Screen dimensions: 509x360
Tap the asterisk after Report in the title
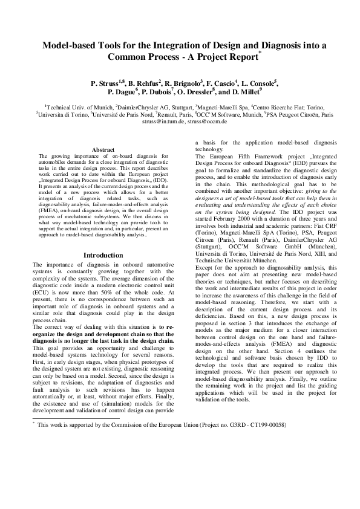tap(260, 53)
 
